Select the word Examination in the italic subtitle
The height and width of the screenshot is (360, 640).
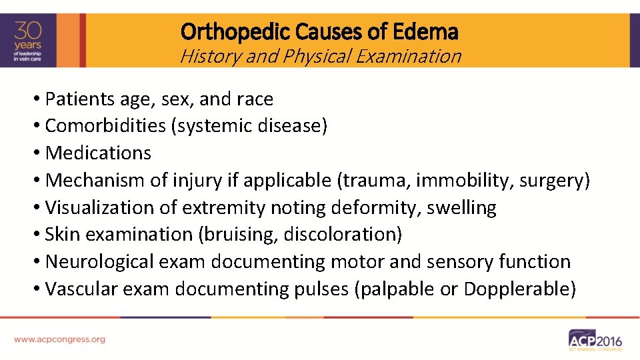(x=409, y=56)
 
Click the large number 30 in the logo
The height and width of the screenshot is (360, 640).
(x=29, y=30)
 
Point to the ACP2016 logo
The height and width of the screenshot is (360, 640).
(x=595, y=339)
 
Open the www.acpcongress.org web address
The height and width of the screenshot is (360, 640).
(x=59, y=339)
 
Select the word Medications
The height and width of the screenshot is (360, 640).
(x=98, y=153)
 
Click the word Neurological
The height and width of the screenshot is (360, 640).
(x=100, y=262)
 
